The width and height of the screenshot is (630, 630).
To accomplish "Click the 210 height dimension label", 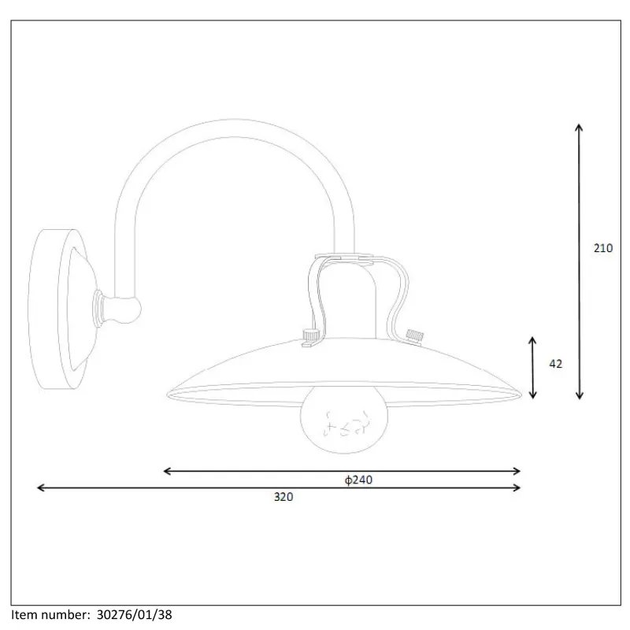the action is [603, 248].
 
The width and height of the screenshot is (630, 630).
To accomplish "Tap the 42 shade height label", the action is [556, 364].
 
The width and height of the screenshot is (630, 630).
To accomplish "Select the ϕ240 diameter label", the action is [358, 480].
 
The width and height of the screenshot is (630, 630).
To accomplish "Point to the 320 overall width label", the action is [283, 497].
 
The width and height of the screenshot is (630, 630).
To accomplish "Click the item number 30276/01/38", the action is [134, 615].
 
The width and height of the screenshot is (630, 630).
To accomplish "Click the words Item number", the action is [50, 615].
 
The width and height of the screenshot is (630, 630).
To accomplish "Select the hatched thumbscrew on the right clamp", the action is [414, 337].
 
